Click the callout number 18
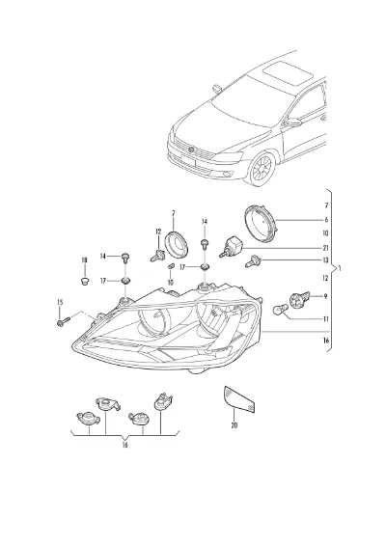point(84,260)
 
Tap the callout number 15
point(60,302)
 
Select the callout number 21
point(326,248)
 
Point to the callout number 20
point(234,425)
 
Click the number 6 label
point(326,220)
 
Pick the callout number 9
point(326,296)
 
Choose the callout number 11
point(326,319)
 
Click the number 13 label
point(326,260)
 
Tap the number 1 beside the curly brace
point(340,269)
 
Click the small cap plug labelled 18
point(84,281)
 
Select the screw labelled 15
point(63,321)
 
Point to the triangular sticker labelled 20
point(239,399)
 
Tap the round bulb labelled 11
point(281,310)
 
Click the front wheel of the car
point(262,169)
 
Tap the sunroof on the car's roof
point(288,74)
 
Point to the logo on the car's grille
point(191,150)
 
